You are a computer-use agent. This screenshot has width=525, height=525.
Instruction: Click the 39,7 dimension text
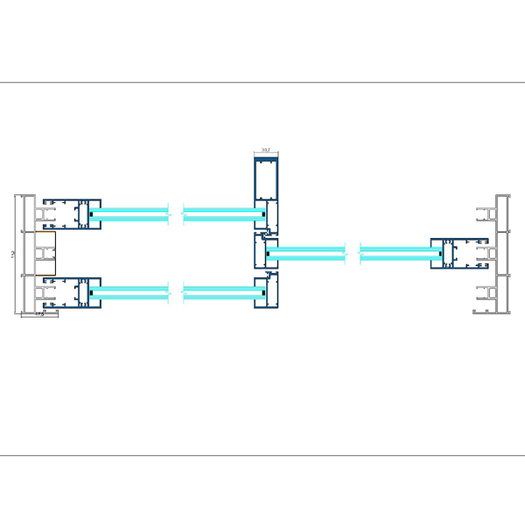coord(267,150)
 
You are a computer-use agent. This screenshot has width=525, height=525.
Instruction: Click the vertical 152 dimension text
coord(13,254)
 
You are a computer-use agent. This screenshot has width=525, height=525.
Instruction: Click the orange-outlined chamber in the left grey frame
coord(45,253)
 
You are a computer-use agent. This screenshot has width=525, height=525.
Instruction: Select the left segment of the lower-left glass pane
coord(131,292)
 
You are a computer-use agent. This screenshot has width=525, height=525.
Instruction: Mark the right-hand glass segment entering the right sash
coord(398,254)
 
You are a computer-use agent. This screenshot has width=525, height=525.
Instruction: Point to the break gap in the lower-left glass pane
coord(176,292)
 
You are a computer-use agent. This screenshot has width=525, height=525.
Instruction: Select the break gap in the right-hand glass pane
coord(353,254)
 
